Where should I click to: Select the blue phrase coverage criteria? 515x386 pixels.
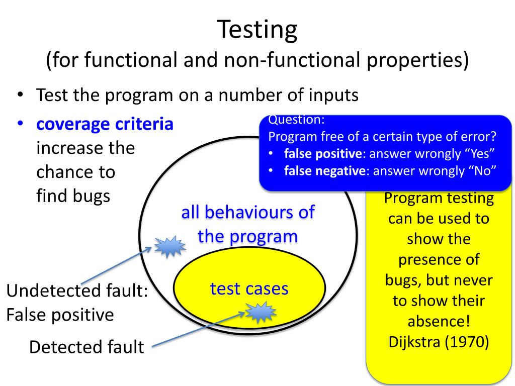pyautogui.click(x=105, y=124)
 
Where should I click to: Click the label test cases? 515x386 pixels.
pyautogui.click(x=249, y=289)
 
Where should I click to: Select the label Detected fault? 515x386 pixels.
pyautogui.click(x=87, y=347)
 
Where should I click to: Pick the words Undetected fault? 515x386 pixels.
pyautogui.click(x=77, y=291)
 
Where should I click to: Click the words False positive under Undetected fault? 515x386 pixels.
pyautogui.click(x=60, y=315)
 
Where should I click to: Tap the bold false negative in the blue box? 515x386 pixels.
pyautogui.click(x=324, y=171)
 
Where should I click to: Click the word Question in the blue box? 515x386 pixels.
pyautogui.click(x=297, y=120)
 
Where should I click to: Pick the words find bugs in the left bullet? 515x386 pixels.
pyautogui.click(x=73, y=196)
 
